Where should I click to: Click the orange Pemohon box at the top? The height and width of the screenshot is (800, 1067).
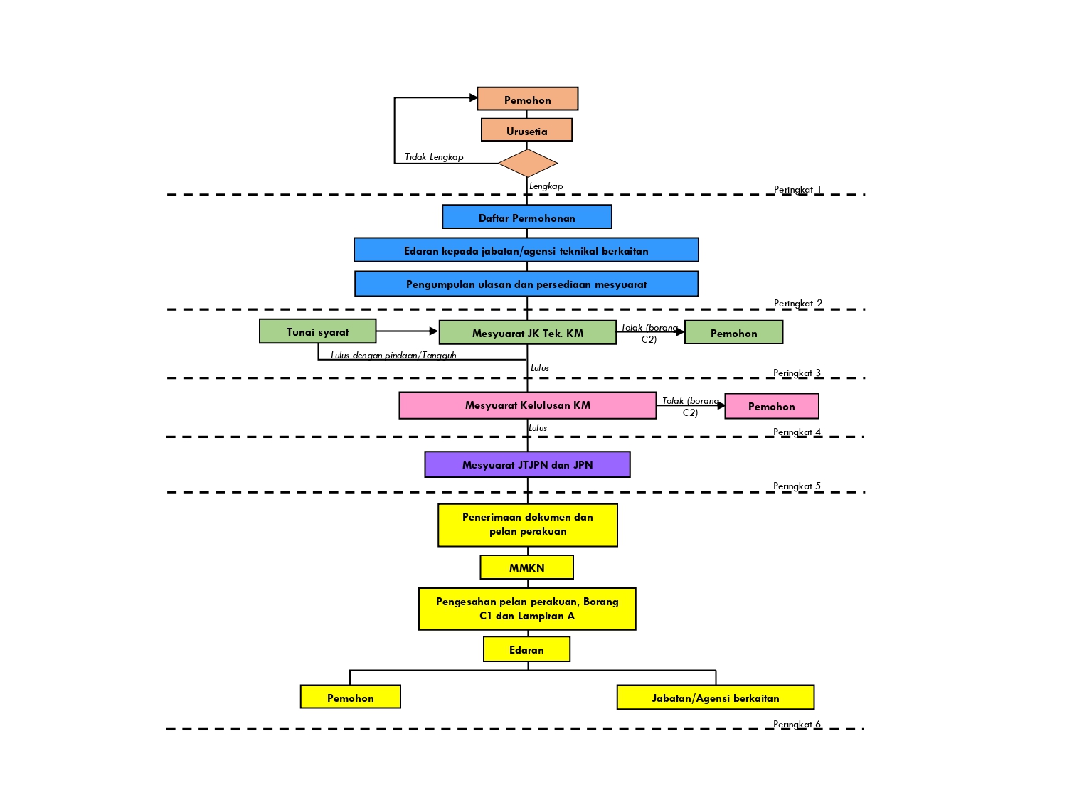tap(527, 99)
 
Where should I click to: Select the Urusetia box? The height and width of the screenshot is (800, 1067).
tap(526, 130)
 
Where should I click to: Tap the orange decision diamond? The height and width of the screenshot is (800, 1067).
tap(528, 164)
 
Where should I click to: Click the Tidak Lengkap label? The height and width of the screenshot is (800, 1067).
tap(434, 157)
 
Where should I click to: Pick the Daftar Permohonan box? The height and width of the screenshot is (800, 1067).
tap(526, 217)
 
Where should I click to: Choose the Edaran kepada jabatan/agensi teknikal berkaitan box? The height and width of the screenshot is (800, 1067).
tap(526, 250)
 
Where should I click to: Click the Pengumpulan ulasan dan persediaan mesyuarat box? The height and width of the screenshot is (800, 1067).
tap(526, 284)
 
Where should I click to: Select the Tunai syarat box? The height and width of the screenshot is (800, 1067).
tap(317, 331)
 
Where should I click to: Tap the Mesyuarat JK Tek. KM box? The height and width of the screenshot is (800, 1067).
tap(527, 333)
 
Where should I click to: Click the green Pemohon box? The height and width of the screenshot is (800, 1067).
tap(733, 332)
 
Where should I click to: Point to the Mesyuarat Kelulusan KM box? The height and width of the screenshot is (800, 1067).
tap(527, 405)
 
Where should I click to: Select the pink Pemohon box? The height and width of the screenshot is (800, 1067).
tap(771, 406)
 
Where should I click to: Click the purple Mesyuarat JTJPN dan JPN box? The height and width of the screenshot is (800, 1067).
tap(527, 464)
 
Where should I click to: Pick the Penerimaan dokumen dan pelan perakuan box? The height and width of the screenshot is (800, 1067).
tap(527, 525)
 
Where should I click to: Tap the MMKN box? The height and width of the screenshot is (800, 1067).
tap(526, 567)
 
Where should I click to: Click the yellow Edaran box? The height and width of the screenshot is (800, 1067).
tap(526, 649)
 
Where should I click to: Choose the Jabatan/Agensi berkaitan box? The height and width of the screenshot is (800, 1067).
tap(715, 698)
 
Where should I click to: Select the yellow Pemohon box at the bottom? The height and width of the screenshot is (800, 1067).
tap(350, 697)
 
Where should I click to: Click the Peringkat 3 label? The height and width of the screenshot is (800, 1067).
tap(797, 373)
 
